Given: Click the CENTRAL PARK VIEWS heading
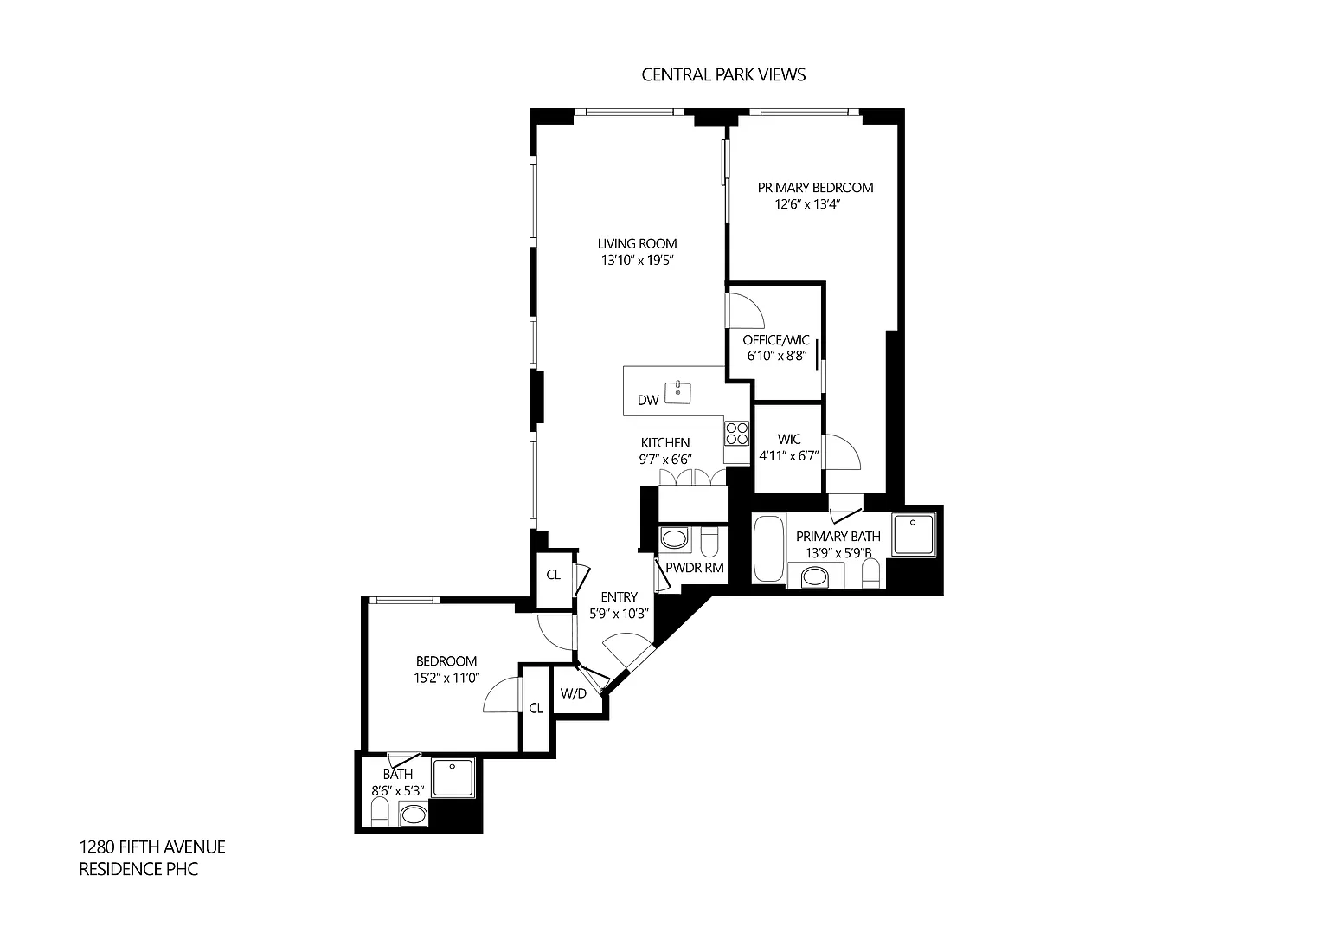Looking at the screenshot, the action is [723, 74].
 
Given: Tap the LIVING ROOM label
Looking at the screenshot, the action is [637, 243].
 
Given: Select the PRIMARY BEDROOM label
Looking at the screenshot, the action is [815, 188].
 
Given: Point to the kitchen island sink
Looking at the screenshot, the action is [677, 392].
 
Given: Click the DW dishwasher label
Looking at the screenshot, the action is [648, 400].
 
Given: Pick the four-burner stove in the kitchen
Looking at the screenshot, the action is [737, 433].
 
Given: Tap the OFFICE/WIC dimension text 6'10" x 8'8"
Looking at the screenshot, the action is [777, 356].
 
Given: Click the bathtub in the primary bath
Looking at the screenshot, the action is [768, 549].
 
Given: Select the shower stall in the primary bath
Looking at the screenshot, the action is [914, 535].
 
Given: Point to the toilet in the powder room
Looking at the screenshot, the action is [709, 540].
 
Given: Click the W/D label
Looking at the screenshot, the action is [573, 693].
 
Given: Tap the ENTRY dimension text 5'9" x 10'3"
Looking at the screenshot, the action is [619, 614].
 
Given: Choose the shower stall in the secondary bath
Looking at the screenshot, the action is [453, 777].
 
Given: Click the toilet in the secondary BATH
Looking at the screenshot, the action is [380, 811].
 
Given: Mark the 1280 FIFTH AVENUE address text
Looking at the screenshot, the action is [152, 847].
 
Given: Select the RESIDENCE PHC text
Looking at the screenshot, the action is [138, 869].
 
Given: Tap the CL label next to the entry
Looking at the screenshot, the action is [553, 575].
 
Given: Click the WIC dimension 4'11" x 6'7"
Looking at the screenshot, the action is [789, 456].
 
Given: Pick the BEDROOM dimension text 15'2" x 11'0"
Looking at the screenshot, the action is [446, 678].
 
